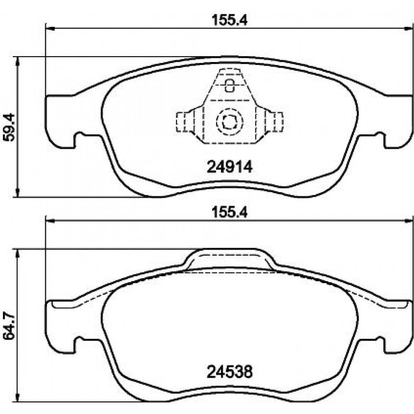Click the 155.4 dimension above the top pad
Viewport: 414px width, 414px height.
tap(230, 20)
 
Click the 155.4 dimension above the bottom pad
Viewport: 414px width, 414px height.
tap(230, 212)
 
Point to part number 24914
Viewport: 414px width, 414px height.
tap(230, 167)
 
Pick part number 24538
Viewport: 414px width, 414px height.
tap(230, 372)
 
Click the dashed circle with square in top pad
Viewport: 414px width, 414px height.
tap(229, 122)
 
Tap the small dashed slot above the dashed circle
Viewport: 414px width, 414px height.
tap(230, 85)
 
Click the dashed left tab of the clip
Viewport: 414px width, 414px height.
tap(185, 122)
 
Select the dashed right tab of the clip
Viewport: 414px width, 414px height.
tap(274, 122)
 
